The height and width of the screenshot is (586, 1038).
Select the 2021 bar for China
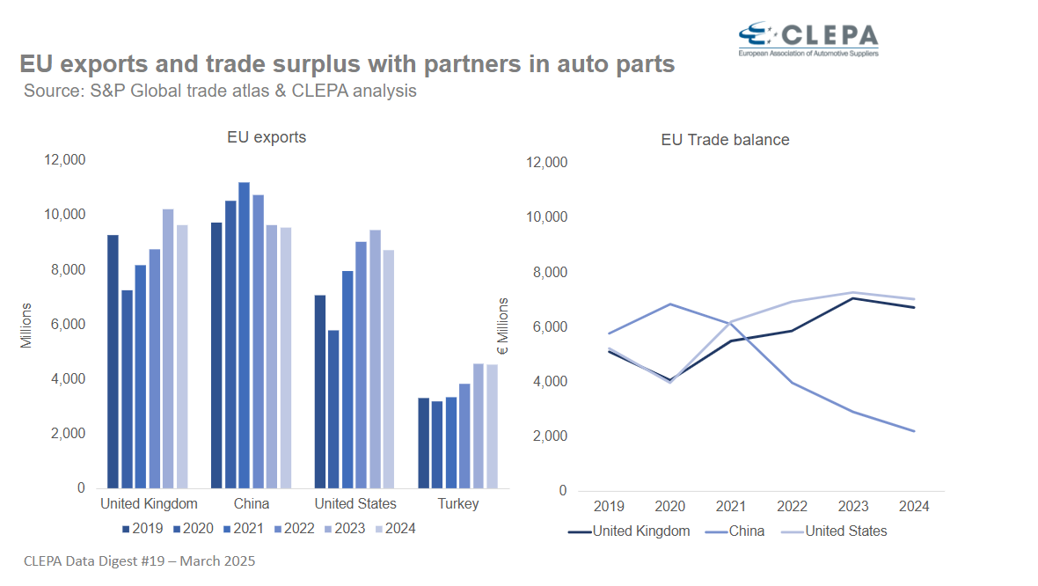coord(244,334)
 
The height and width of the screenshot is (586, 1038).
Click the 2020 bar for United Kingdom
coord(127,388)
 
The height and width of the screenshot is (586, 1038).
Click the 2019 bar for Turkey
coord(423,443)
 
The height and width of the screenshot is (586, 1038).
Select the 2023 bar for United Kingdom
coord(168,348)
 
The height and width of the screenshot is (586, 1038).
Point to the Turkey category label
coord(457,504)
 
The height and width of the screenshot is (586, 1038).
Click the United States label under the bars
coord(355,504)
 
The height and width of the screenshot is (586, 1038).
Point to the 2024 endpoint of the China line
coord(915,431)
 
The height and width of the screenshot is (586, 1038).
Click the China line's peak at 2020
coord(670,304)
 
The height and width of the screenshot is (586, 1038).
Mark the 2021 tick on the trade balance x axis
coord(732,507)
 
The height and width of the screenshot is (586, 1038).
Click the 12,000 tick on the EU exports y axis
coord(65,160)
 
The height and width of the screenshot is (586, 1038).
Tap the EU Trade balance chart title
coord(725,140)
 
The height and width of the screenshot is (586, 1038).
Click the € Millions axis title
coord(503,326)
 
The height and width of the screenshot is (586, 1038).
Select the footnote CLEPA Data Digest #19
coord(139,560)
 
